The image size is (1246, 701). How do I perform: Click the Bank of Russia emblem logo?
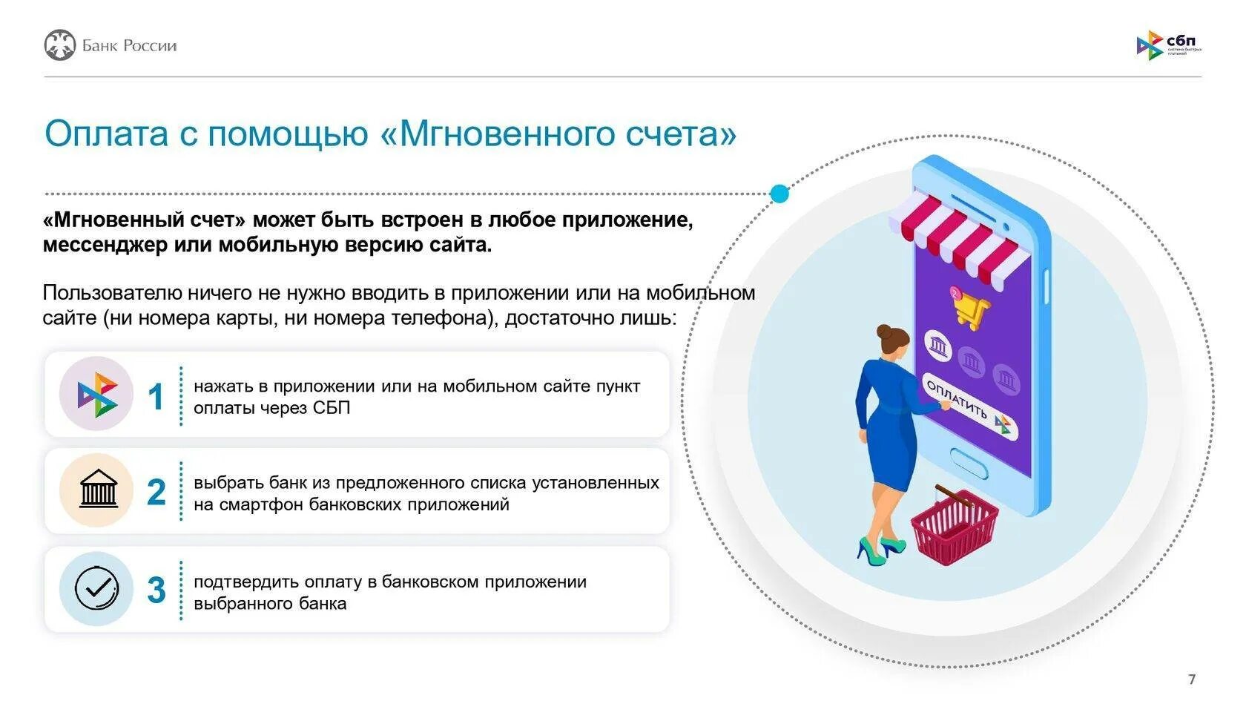pos(60,45)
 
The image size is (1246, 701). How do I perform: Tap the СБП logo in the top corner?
pos(1167,45)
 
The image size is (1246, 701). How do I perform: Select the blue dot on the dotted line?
pos(779,194)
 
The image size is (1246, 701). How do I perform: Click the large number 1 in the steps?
pos(156,397)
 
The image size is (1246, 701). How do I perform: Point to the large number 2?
pos(156,493)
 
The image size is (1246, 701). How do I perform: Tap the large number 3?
pos(156,590)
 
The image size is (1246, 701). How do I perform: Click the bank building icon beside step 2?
pos(98,490)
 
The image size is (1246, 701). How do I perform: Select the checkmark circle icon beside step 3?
pos(96,588)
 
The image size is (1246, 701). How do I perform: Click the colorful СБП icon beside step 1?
pos(97,394)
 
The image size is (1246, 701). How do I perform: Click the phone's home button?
pos(969,462)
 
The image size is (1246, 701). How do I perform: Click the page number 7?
pos(1192,679)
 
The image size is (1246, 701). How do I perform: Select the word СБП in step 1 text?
pos(332,408)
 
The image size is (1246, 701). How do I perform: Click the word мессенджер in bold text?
pos(105,245)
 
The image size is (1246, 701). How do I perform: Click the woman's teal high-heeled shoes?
pos(880,549)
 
